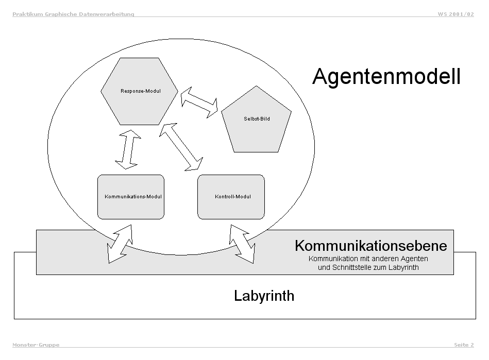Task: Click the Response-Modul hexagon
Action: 140,91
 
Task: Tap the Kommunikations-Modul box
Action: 130,197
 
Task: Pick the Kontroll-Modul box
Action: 231,197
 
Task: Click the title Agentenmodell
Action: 386,77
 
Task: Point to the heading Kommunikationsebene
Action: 370,246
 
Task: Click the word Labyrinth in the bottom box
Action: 264,296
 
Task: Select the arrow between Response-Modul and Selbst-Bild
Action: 199,101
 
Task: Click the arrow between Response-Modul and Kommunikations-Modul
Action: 127,149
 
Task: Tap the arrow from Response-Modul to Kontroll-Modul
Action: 180,146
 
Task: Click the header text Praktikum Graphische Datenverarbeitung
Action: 73,14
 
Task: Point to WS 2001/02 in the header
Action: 456,14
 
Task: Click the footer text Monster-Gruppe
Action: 36,345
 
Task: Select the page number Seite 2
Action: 464,345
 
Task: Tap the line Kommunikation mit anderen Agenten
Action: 368,259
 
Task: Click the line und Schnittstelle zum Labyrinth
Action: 368,267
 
